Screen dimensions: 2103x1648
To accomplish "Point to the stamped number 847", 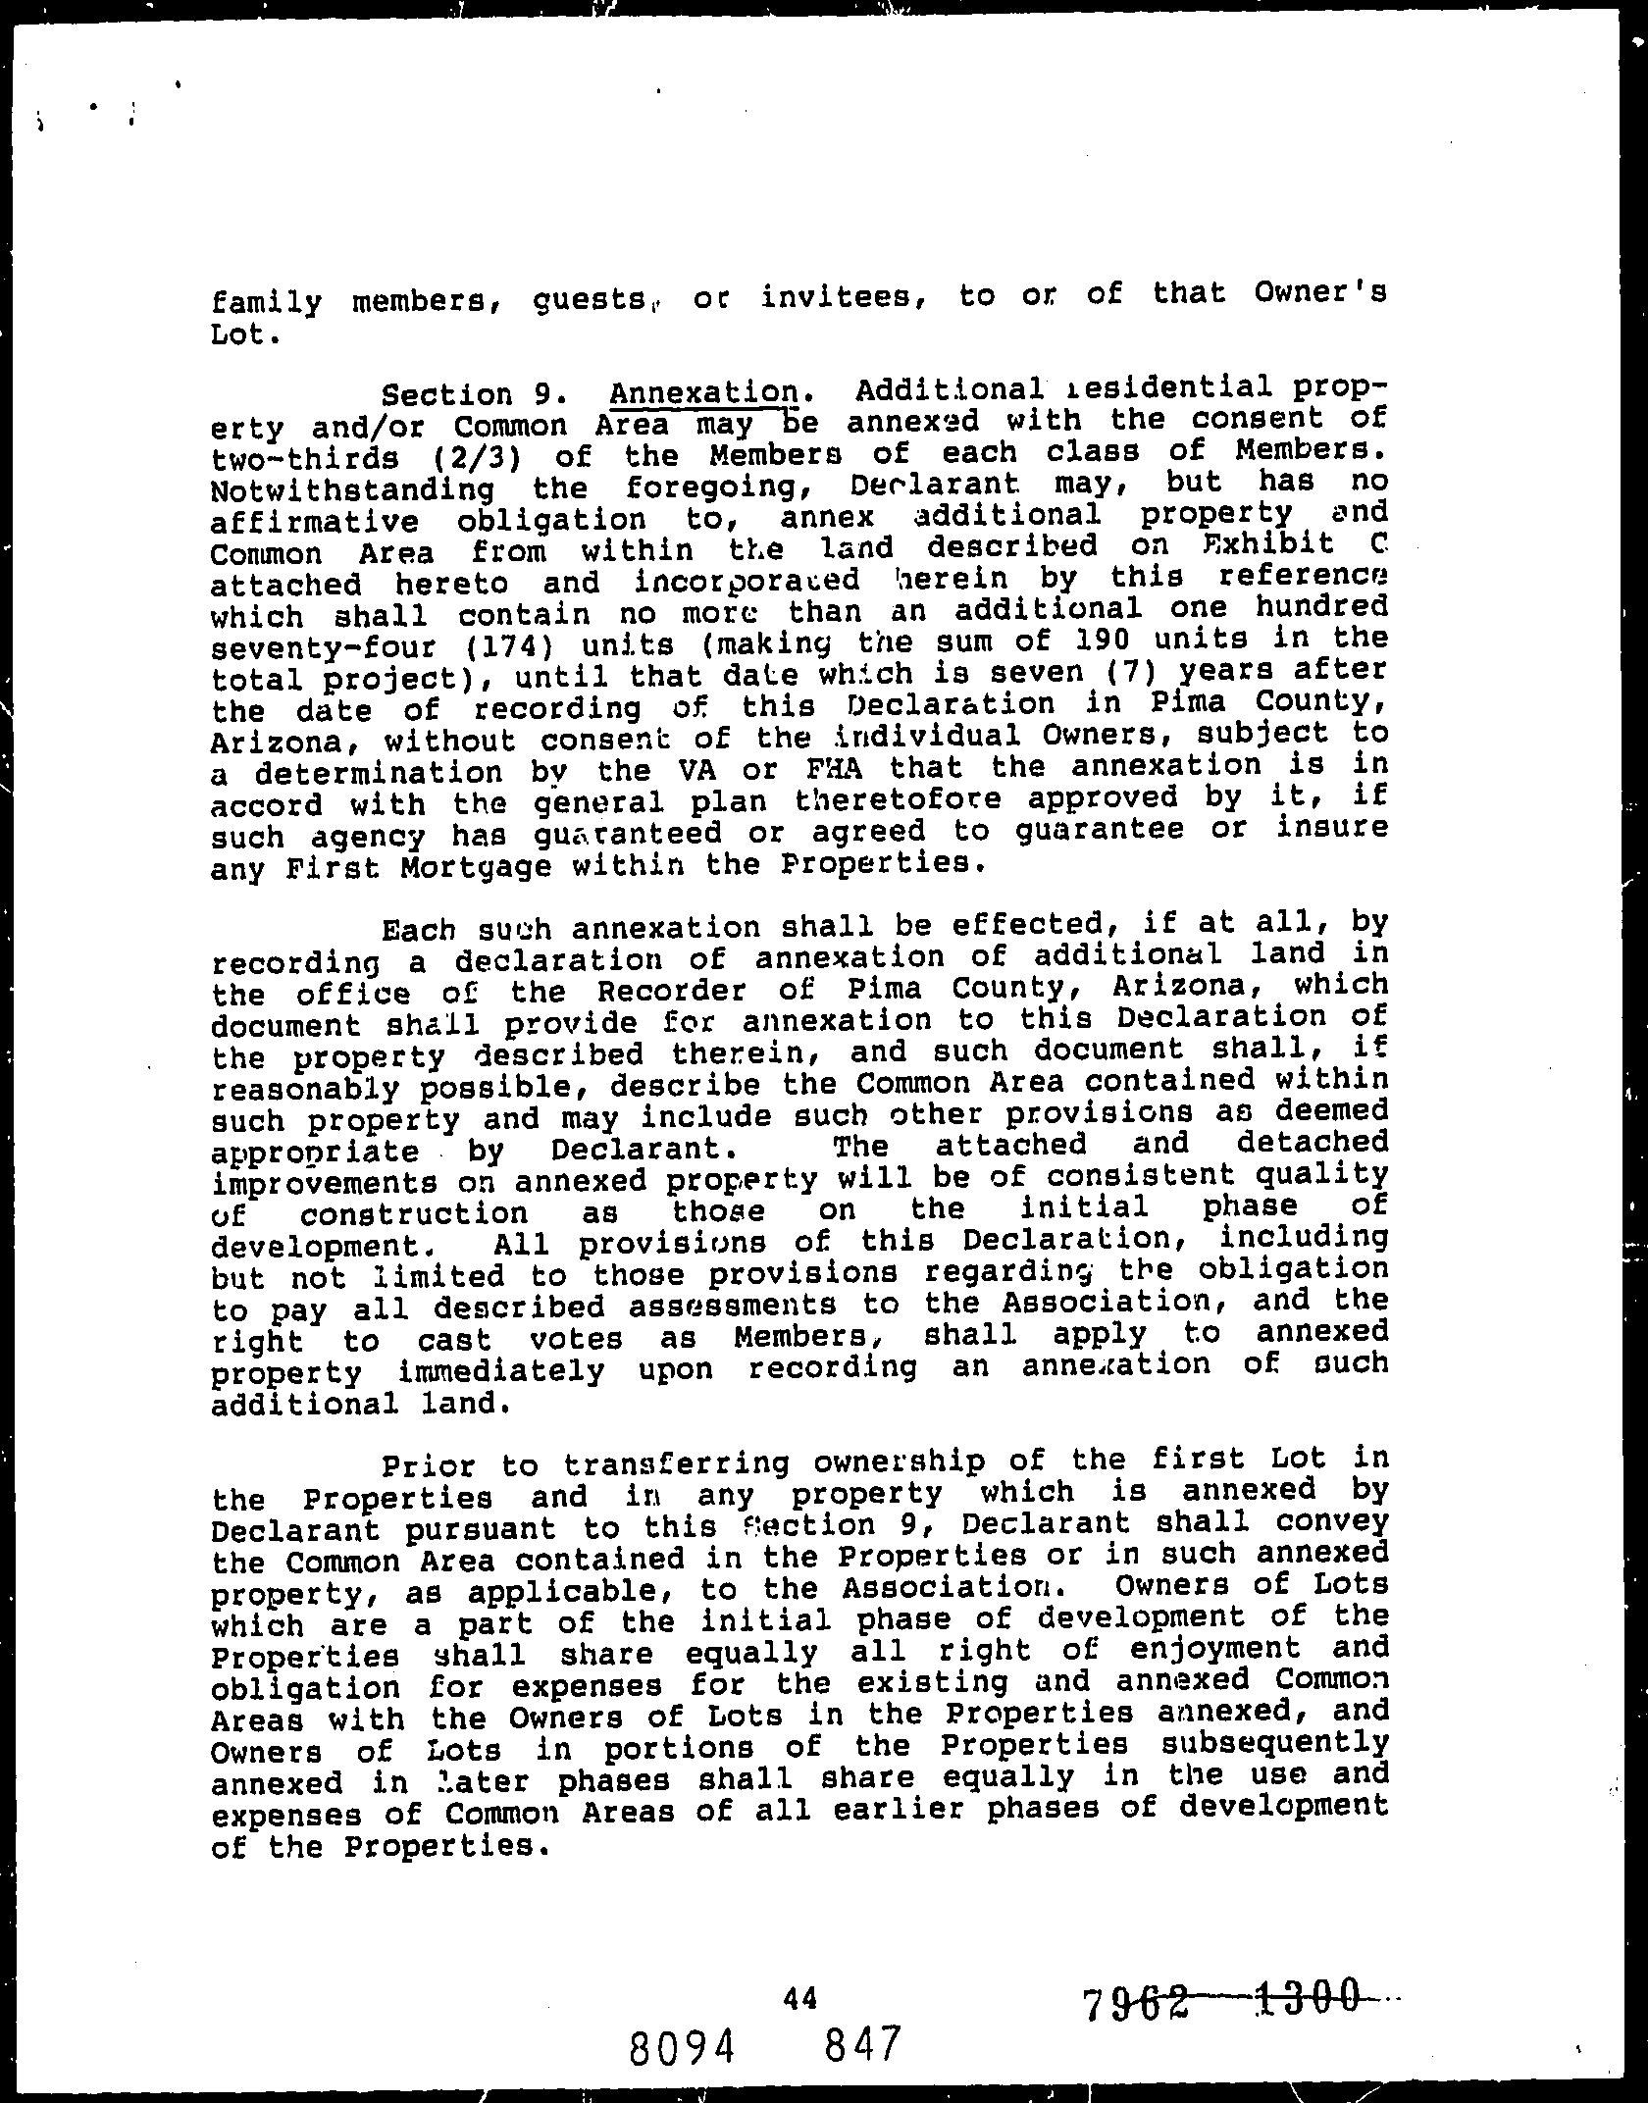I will tap(862, 2043).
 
